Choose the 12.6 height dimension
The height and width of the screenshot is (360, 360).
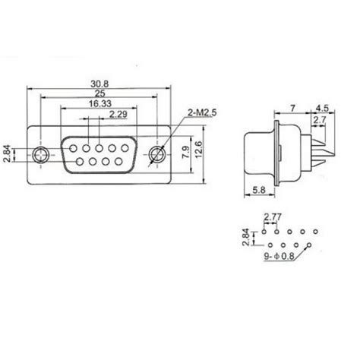click(200, 146)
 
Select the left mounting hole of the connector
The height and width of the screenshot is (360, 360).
click(41, 155)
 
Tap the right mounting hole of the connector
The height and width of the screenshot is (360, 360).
click(158, 155)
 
